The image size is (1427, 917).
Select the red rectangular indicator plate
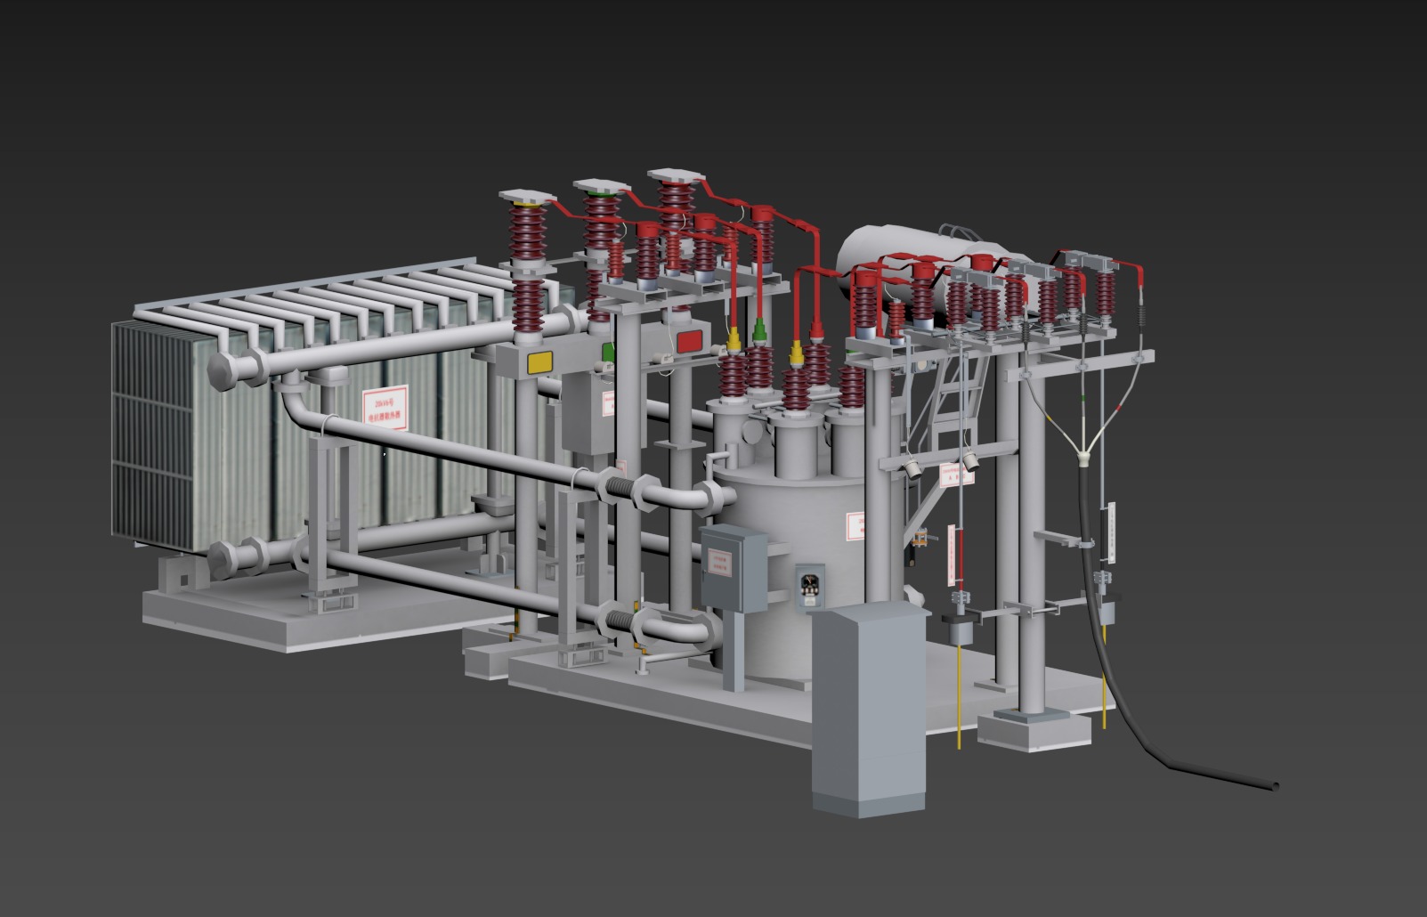[x=690, y=340]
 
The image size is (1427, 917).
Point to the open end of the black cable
[x=1274, y=786]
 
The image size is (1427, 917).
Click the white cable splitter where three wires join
[x=1084, y=460]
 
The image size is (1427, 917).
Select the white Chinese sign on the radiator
[x=385, y=404]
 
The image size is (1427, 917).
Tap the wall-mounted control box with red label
[x=732, y=568]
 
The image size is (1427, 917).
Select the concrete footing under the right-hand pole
[x=1033, y=728]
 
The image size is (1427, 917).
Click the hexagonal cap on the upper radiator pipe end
[x=223, y=369]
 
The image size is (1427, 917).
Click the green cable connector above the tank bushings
[x=759, y=331]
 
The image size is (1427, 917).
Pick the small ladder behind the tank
[x=954, y=401]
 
